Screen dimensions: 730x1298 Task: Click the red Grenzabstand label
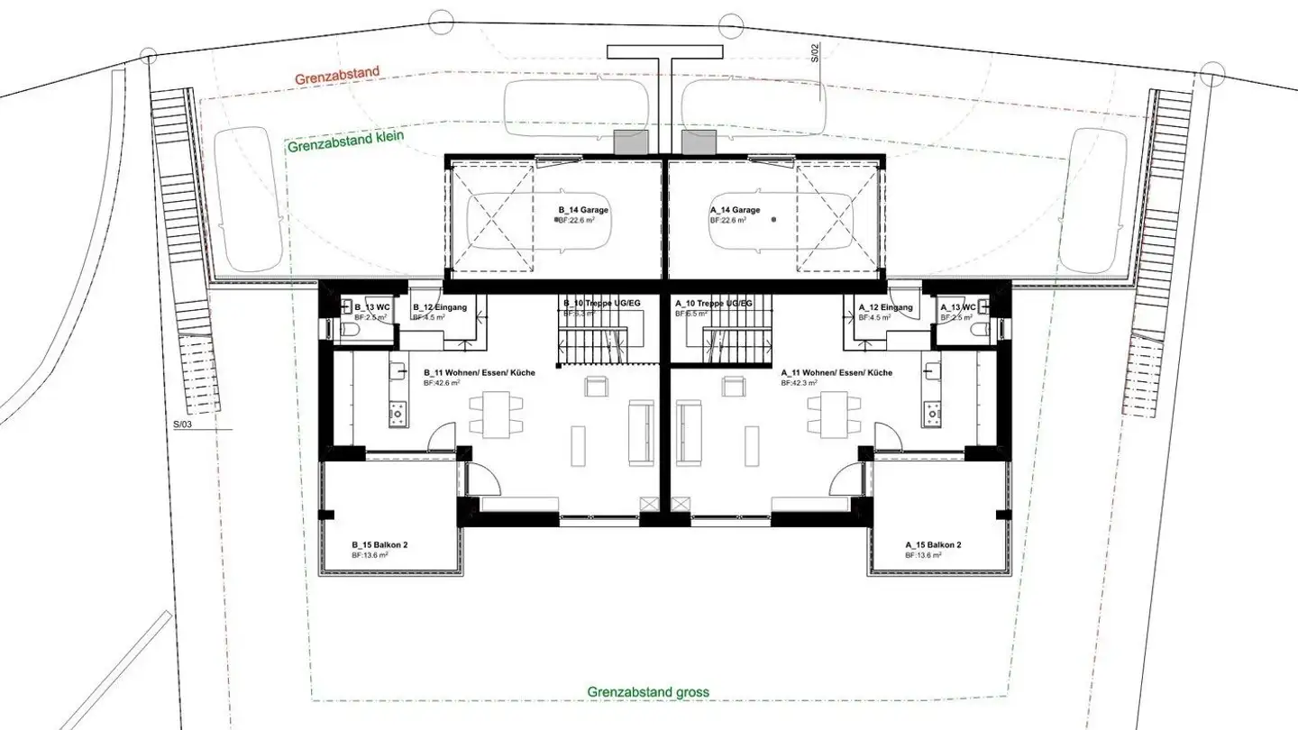tap(336, 77)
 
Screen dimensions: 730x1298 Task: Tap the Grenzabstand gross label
tap(647, 692)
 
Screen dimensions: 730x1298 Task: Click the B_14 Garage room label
tap(583, 210)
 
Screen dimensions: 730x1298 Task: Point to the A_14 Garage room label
tap(735, 210)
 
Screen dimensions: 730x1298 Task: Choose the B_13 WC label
tap(366, 307)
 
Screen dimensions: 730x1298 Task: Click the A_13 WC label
tap(957, 307)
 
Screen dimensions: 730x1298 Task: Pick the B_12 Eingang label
tap(440, 307)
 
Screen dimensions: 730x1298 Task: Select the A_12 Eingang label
tap(885, 307)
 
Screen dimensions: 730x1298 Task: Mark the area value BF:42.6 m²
tap(442, 382)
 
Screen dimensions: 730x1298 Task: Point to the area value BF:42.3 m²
tap(799, 382)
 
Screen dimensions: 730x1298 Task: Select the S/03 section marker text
tap(184, 422)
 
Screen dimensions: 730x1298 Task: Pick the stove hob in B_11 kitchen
tap(398, 415)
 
